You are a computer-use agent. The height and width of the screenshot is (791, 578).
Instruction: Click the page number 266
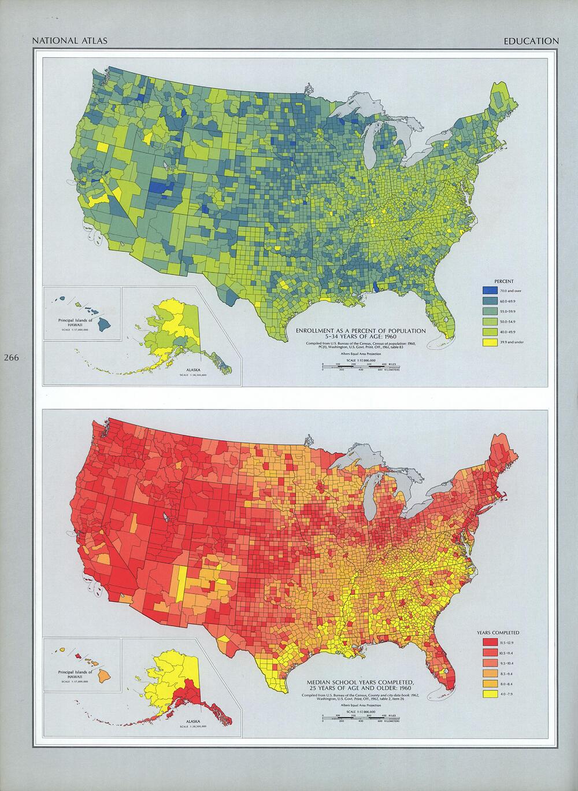coord(11,358)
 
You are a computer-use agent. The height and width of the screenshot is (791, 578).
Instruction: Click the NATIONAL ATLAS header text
coord(62,41)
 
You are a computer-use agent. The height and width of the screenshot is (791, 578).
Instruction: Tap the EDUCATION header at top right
coord(531,41)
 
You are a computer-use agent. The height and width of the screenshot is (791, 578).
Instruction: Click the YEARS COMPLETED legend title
coord(498,633)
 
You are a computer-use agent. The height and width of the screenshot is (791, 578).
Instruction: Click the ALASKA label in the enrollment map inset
coord(193,369)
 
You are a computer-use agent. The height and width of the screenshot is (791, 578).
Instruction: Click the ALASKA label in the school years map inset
coord(193,722)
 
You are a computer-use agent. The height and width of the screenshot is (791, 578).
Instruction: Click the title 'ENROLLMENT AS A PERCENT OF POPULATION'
coord(361,331)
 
